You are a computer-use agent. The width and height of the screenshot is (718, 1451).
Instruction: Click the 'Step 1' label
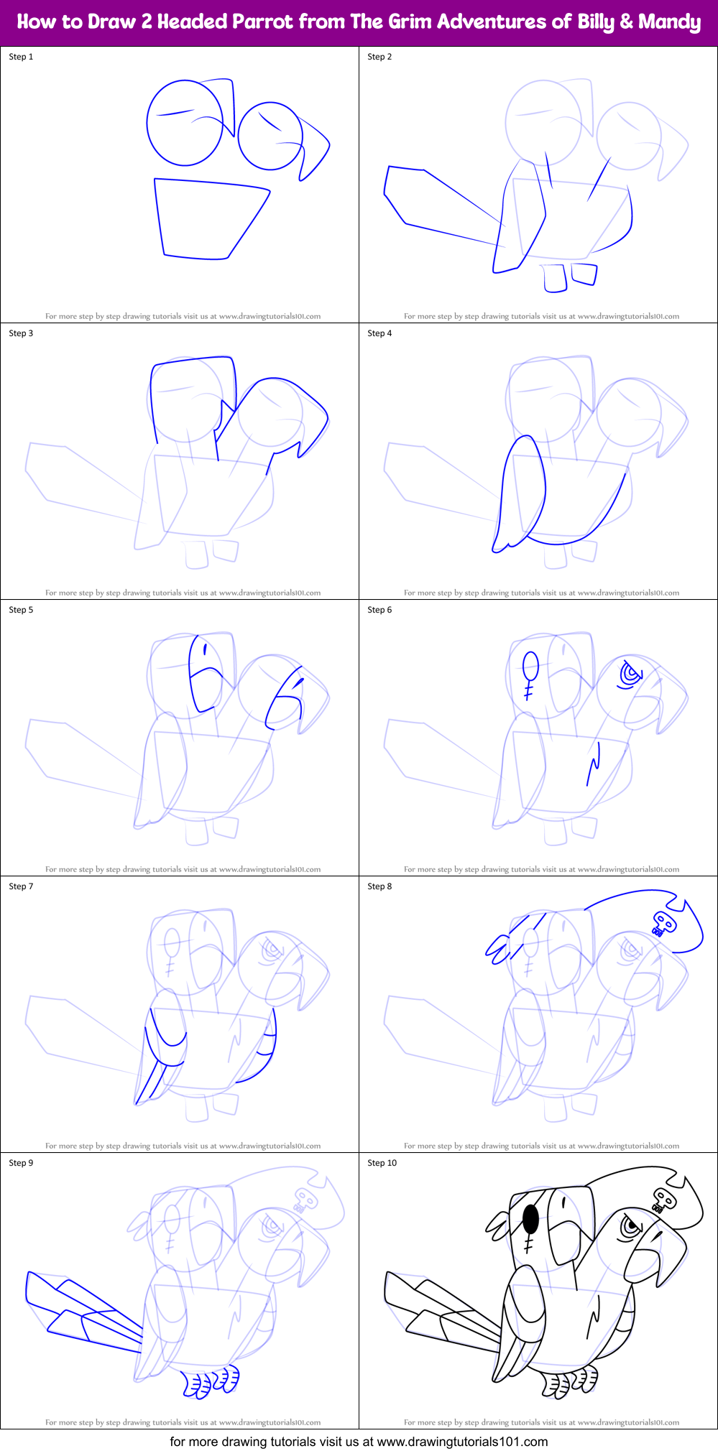click(21, 57)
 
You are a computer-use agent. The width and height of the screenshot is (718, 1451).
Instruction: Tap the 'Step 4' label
click(379, 333)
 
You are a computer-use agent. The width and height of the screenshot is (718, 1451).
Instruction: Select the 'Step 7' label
click(21, 886)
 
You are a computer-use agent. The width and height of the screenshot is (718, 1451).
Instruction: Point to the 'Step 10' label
click(382, 1163)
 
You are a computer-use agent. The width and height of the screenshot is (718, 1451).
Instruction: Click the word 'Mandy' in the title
click(669, 22)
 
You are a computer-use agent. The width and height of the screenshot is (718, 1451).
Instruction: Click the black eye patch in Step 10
click(531, 1218)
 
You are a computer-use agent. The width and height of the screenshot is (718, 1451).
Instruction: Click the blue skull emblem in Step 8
click(663, 923)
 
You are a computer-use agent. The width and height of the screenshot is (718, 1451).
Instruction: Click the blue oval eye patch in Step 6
click(530, 665)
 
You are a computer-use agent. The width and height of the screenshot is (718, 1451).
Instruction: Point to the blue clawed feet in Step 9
click(210, 1381)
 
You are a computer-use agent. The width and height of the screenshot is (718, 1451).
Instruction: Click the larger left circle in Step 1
click(184, 123)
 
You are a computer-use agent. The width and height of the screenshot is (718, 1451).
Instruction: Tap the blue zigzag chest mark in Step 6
click(594, 764)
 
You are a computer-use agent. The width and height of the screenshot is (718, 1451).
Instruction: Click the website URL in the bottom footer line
click(462, 1441)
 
